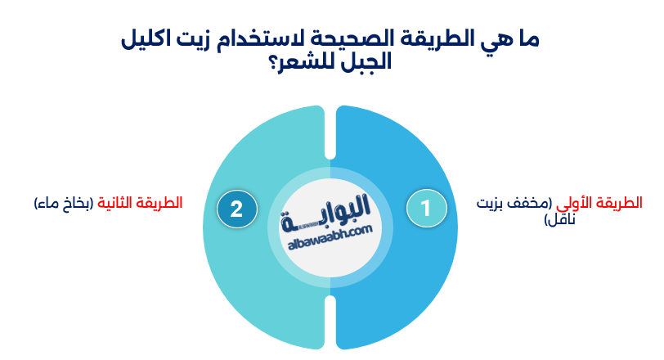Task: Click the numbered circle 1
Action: [426, 208]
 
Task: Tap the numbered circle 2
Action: [236, 209]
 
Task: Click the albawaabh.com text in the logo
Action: [330, 235]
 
